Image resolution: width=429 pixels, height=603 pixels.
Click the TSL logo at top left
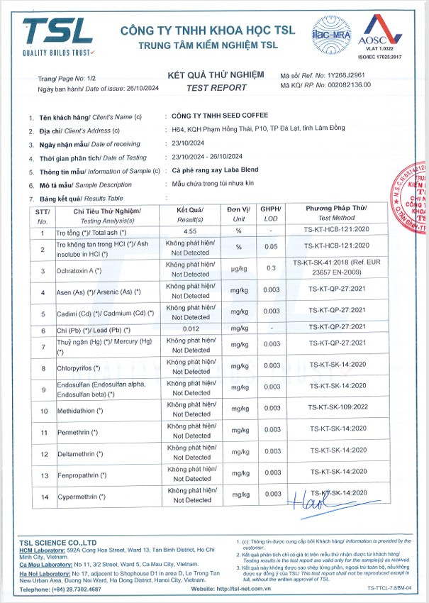tap(57, 35)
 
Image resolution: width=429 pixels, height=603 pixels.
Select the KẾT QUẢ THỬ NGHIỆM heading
tap(216, 74)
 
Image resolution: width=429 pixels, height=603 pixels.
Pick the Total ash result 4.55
tap(190, 232)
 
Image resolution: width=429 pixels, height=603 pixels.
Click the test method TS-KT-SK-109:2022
tap(335, 409)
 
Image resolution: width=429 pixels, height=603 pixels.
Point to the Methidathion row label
tap(79, 411)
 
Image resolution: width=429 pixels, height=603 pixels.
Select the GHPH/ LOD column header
tap(269, 214)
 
